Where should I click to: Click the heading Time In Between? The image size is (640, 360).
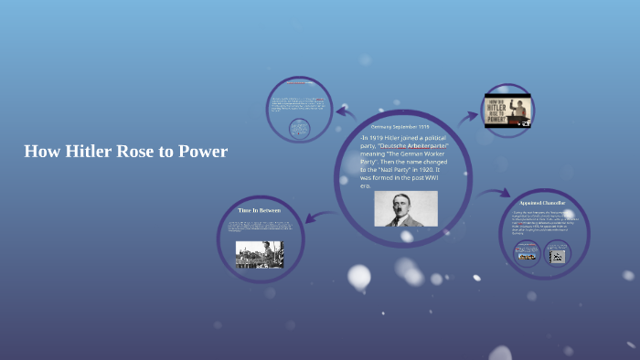tap(259, 210)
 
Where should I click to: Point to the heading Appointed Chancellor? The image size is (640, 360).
tap(542, 203)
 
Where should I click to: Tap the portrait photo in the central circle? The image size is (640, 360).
tap(405, 208)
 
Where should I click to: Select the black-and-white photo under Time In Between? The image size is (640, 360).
tap(260, 254)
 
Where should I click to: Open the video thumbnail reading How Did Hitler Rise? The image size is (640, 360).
tap(508, 111)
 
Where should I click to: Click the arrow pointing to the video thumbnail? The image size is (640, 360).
tap(469, 116)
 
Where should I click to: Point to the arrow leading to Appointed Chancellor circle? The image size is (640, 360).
tap(495, 194)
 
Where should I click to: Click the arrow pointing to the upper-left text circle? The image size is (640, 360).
tap(345, 113)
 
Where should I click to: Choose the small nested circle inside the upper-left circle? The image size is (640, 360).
tap(299, 129)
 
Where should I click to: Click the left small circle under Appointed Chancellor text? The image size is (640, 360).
tap(528, 255)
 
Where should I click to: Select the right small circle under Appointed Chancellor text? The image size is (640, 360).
tap(556, 255)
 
